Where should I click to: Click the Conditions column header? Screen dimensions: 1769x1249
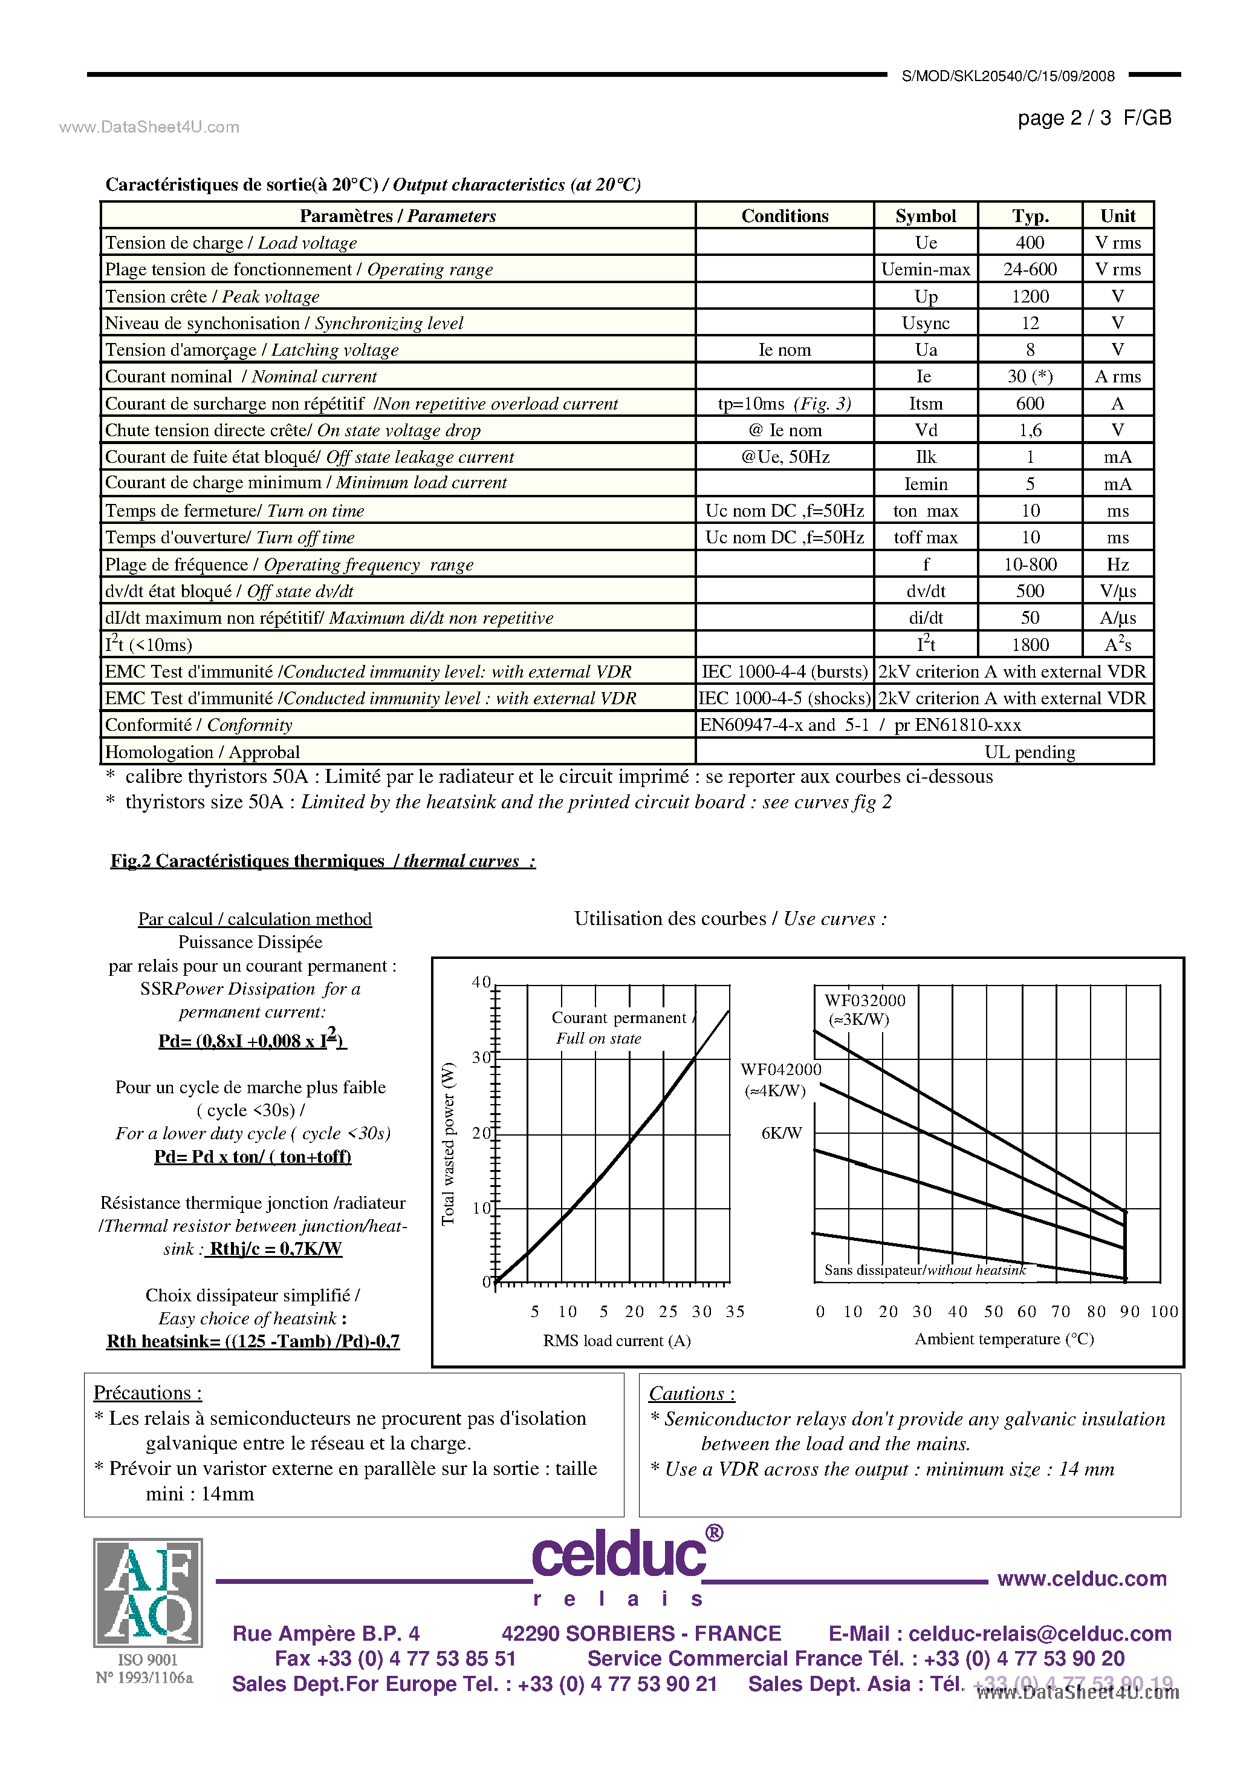pos(784,216)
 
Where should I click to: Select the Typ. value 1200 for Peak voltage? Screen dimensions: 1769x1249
pos(1030,296)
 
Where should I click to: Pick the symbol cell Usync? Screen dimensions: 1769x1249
pos(925,323)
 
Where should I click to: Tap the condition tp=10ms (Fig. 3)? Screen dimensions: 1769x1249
pos(784,404)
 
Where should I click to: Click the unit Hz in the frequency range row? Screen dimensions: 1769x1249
pos(1117,564)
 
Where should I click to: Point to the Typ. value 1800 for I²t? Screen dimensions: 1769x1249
pos(1030,645)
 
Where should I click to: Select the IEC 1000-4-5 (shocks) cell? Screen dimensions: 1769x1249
pos(784,698)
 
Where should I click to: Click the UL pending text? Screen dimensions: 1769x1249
pos(1029,752)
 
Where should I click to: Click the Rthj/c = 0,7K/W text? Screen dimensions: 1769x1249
pos(275,1249)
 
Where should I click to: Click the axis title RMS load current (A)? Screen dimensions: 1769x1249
pos(616,1341)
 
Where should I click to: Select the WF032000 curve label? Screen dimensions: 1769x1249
pos(864,1001)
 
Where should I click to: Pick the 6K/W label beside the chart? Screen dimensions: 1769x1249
pos(781,1133)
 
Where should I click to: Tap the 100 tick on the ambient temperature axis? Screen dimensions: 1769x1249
pos(1164,1312)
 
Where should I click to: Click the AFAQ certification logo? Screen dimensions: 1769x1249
pos(148,1592)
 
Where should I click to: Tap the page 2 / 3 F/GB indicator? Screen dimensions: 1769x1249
pos(1094,118)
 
